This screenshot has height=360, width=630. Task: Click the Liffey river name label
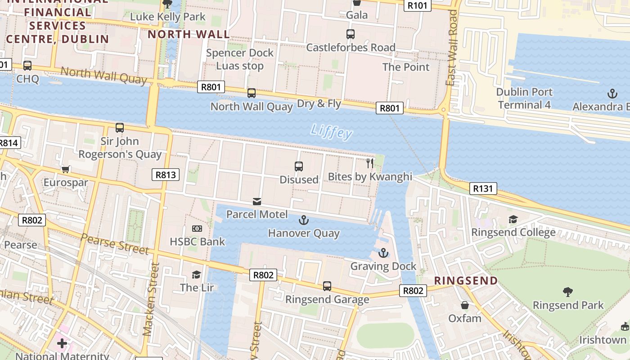[331, 132]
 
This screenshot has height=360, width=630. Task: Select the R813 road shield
[166, 175]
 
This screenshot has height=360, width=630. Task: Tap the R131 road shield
[483, 189]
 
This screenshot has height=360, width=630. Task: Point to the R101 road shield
[418, 5]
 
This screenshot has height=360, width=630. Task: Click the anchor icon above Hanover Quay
[304, 220]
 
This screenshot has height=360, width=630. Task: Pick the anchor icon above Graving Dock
[383, 253]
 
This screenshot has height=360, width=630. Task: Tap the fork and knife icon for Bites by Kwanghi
[370, 163]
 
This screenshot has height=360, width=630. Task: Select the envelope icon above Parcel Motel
[257, 201]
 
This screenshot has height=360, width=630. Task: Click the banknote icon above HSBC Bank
[197, 229]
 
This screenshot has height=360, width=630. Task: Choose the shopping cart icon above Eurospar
[66, 170]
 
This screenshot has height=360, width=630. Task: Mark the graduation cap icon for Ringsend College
[513, 219]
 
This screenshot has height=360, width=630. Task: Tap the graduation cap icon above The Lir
[196, 274]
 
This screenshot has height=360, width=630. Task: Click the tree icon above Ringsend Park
[568, 292]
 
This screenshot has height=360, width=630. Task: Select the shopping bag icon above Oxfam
[465, 305]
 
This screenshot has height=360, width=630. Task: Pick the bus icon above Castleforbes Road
[351, 34]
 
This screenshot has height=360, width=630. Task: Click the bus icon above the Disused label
[298, 166]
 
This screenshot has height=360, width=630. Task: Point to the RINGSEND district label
[466, 281]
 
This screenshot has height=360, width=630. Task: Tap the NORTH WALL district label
[189, 34]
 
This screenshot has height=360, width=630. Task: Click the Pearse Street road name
[115, 243]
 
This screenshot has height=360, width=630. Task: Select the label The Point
[406, 67]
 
